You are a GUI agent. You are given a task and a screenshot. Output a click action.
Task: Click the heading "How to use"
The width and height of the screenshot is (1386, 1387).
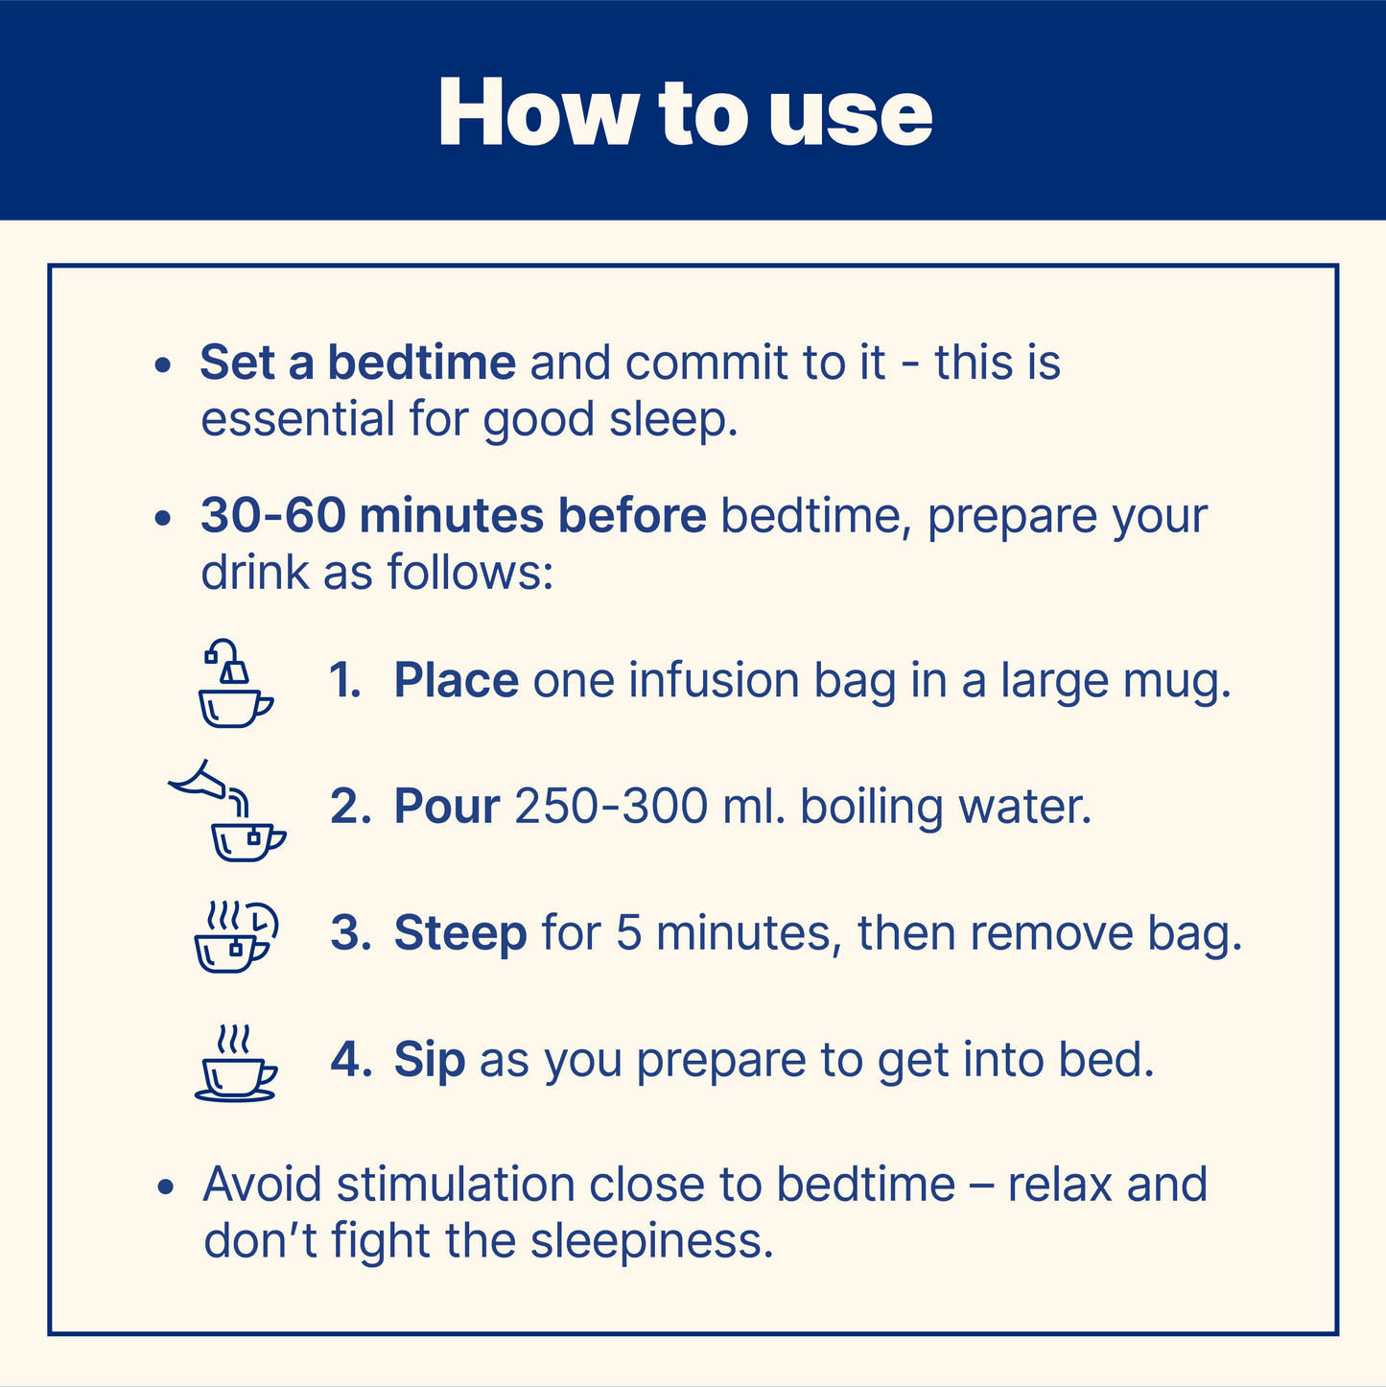(685, 113)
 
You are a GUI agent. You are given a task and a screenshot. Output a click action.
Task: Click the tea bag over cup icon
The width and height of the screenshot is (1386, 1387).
(235, 682)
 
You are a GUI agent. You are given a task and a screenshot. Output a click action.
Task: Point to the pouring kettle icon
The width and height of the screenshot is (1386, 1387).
(227, 810)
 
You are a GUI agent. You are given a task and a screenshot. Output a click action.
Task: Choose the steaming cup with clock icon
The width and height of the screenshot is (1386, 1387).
(236, 936)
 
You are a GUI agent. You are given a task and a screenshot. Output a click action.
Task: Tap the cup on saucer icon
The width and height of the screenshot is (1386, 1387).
(235, 1063)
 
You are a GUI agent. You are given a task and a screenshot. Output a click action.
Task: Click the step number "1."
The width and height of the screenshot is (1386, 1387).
(344, 680)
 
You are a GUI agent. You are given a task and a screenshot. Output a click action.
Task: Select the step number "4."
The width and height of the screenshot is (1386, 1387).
(351, 1060)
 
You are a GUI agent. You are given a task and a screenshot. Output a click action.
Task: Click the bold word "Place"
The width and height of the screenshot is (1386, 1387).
(456, 680)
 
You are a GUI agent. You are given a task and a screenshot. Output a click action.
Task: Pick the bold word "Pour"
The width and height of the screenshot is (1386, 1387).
(446, 806)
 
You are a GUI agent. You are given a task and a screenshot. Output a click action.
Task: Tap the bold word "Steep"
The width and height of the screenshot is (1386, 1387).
(460, 934)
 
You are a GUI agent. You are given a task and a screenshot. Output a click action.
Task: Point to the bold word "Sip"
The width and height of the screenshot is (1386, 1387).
(429, 1061)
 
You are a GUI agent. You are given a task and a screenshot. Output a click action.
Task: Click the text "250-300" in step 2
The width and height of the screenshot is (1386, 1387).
(611, 806)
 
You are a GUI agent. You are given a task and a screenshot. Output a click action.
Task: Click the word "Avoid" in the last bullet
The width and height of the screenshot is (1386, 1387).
(261, 1184)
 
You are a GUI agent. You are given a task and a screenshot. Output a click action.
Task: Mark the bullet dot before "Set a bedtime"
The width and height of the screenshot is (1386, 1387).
(163, 364)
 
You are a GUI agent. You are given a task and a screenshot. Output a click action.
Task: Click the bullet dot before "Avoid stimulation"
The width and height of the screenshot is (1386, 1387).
(166, 1187)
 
